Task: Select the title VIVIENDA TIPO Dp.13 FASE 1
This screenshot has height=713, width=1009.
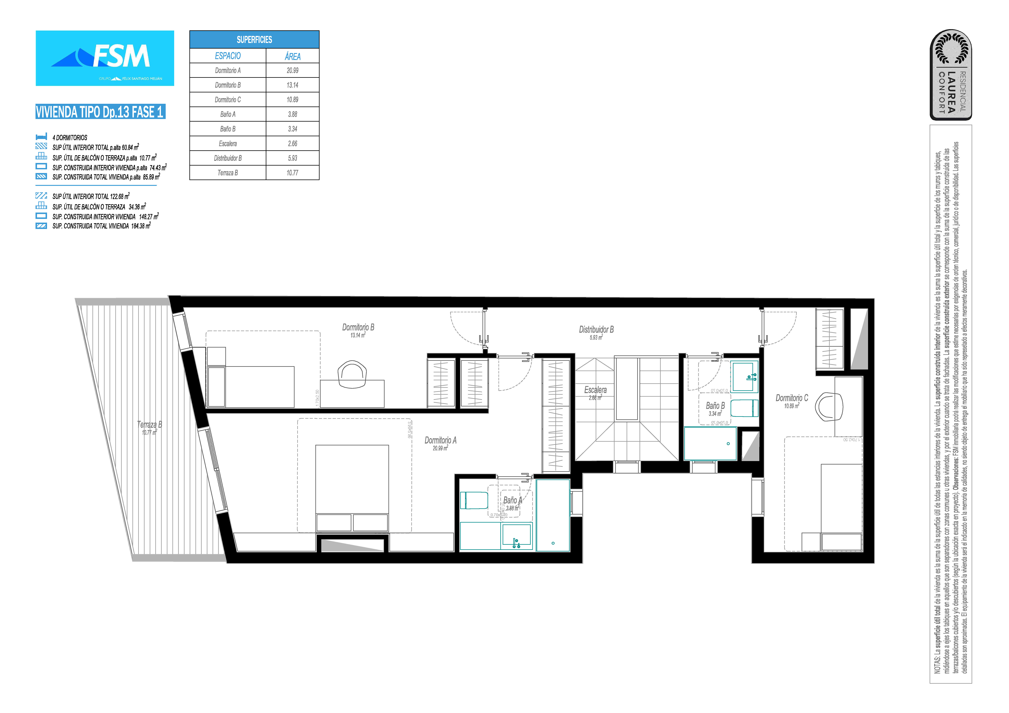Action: (100, 112)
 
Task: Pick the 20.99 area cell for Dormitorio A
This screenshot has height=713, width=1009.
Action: (292, 70)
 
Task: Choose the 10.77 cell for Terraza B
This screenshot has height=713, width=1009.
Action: (292, 173)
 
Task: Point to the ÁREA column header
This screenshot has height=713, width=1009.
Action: (292, 56)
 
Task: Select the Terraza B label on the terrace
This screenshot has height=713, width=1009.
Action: (149, 425)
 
